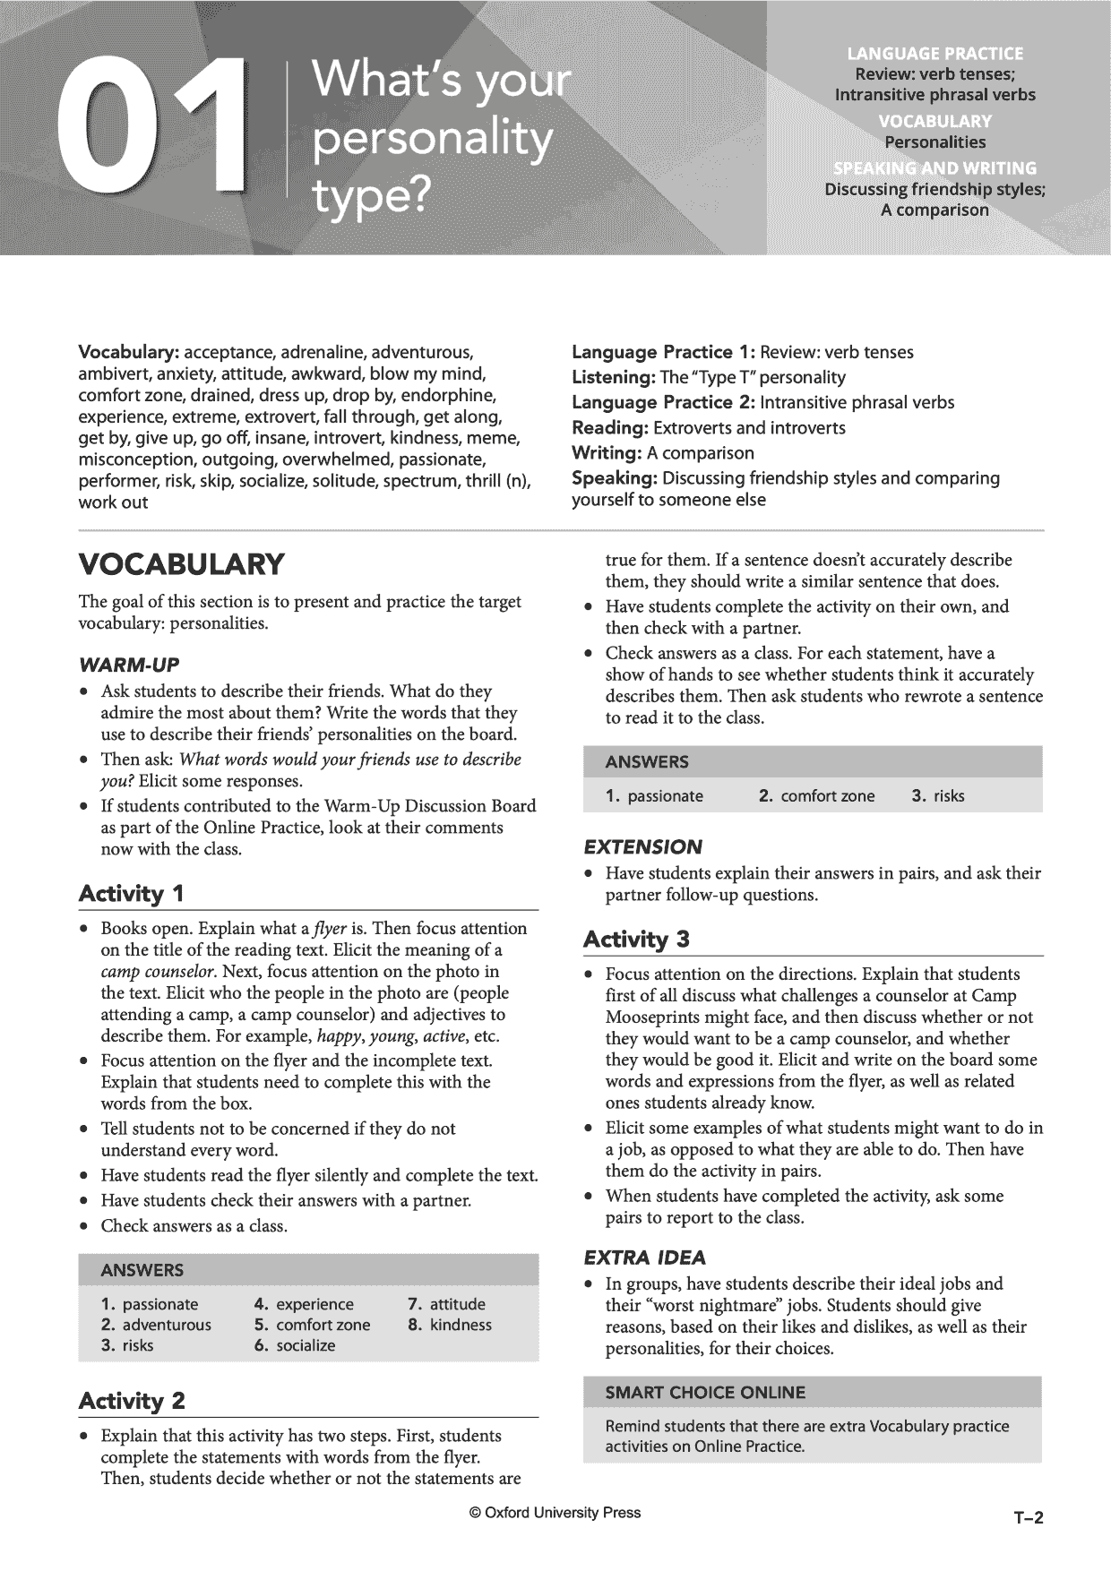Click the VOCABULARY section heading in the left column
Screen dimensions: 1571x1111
tap(181, 564)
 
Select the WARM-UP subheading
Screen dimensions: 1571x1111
tap(129, 665)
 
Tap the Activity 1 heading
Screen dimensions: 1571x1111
tap(132, 894)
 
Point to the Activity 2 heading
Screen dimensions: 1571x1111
tap(132, 1401)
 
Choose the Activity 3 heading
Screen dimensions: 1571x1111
tap(636, 940)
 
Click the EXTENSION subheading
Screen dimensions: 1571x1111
tap(642, 846)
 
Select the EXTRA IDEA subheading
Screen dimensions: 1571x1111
tap(644, 1257)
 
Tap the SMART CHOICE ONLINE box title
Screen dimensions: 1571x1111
tap(705, 1392)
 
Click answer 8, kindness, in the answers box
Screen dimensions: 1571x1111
tap(450, 1325)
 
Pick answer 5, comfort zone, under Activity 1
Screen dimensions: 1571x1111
tap(312, 1325)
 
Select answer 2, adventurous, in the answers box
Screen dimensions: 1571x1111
tap(157, 1325)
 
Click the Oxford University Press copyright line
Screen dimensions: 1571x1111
tap(555, 1513)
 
